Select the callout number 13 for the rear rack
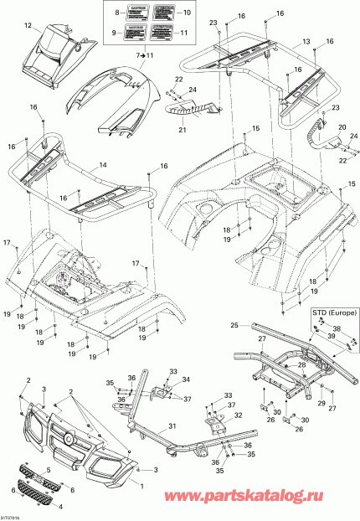pyautogui.click(x=306, y=42)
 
